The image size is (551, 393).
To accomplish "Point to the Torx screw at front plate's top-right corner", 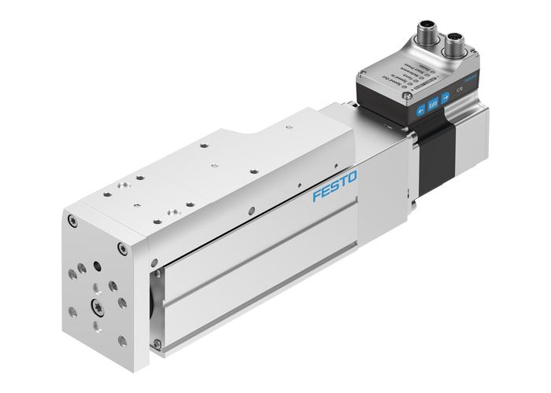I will coord(120,251).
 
